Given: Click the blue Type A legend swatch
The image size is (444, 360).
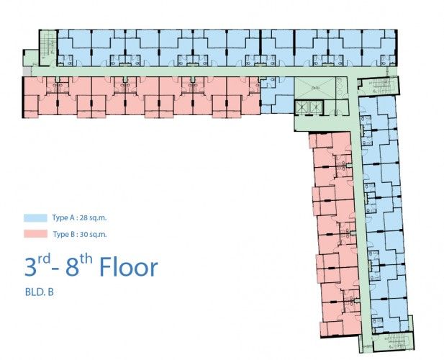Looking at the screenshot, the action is (35, 218).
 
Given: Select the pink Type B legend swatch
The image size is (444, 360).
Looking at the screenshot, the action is (35, 234).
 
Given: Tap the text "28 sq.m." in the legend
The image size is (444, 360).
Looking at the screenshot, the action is (93, 218).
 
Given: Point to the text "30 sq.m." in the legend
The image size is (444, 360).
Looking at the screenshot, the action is (94, 234).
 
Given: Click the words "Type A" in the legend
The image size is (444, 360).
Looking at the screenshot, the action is (64, 218).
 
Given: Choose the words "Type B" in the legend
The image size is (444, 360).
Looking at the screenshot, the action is (64, 234).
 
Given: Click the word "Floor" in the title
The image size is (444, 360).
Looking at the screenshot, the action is (128, 267).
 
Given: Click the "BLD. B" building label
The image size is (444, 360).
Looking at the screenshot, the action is (39, 292).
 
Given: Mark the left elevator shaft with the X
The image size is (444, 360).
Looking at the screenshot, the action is (302, 107).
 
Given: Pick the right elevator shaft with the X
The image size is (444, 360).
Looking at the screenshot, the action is (316, 107).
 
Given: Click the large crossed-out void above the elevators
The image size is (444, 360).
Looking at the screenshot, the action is (315, 88).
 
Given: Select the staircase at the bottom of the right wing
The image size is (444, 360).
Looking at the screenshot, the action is (394, 342).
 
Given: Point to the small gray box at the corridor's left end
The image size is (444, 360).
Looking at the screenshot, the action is (27, 71).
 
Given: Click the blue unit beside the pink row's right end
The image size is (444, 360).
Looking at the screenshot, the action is (277, 95).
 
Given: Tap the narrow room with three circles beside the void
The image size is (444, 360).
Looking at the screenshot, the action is (342, 88).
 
